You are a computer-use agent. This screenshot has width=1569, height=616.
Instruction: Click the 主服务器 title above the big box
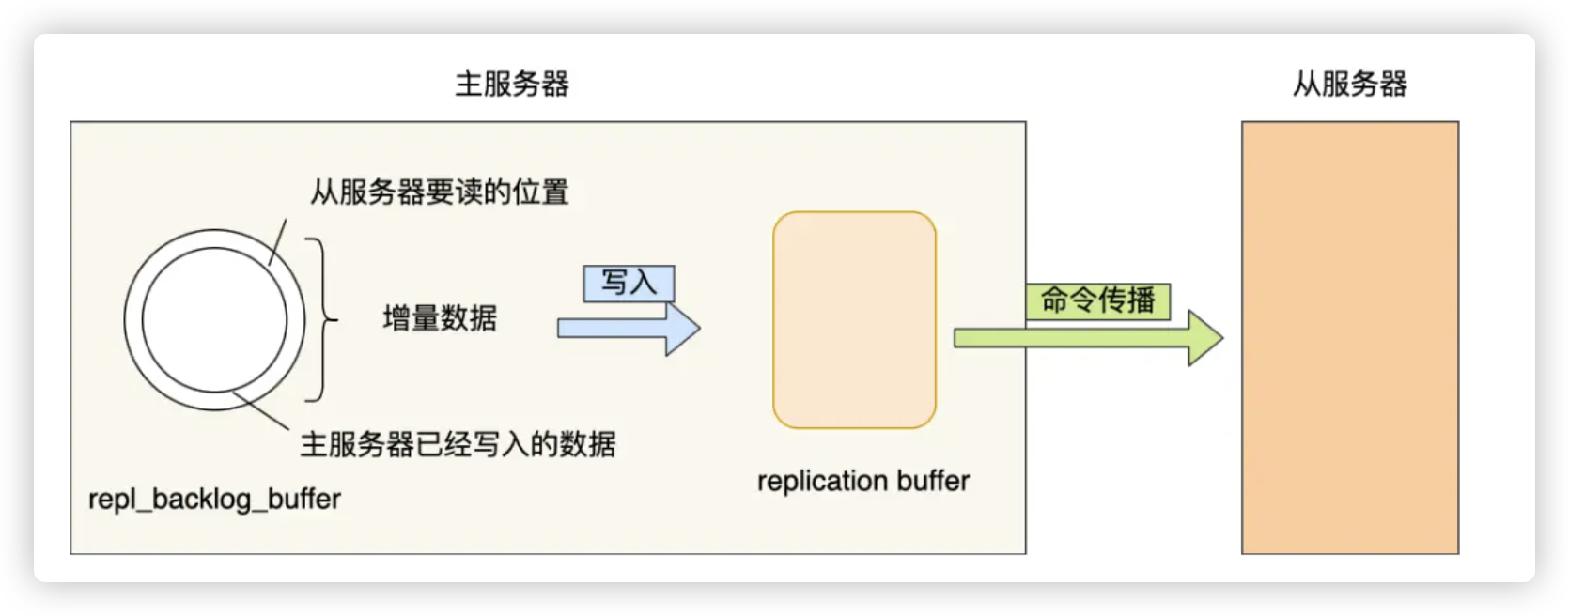click(x=511, y=85)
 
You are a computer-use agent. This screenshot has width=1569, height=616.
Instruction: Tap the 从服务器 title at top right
click(x=1349, y=85)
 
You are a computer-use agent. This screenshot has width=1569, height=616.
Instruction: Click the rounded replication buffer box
click(x=854, y=320)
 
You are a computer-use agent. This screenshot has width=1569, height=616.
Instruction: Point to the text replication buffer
click(x=862, y=481)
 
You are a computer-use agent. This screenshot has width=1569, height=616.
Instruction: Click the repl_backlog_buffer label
click(x=214, y=499)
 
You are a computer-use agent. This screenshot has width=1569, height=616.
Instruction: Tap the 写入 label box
click(x=629, y=283)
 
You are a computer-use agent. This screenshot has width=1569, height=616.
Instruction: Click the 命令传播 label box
click(x=1097, y=300)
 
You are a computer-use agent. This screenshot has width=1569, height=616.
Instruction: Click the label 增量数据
click(x=440, y=318)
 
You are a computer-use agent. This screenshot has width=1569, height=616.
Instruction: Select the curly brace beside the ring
click(x=321, y=319)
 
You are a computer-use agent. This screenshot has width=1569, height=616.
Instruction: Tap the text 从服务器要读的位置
click(x=440, y=192)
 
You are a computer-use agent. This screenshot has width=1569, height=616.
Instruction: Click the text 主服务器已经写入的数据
click(x=458, y=444)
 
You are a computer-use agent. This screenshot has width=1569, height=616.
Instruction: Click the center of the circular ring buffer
click(x=214, y=320)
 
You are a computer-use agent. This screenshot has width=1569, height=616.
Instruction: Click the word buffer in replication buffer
click(x=932, y=481)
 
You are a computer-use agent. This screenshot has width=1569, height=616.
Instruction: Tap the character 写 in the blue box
click(x=614, y=283)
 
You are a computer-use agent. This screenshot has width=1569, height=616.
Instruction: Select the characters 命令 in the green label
click(x=1069, y=300)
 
